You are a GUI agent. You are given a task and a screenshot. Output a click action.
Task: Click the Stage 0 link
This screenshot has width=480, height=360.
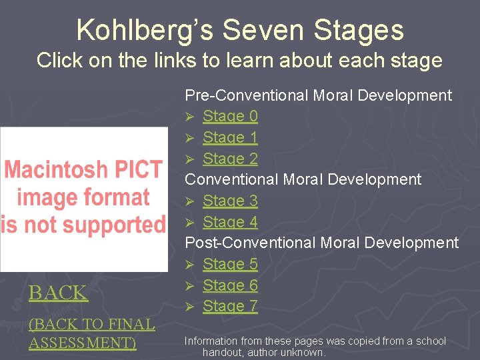(230, 116)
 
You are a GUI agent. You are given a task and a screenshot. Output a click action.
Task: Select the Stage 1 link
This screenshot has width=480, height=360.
(230, 137)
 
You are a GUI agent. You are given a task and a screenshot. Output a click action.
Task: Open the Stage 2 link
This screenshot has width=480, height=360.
(230, 159)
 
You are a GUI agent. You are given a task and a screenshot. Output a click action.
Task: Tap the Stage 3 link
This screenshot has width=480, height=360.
(230, 201)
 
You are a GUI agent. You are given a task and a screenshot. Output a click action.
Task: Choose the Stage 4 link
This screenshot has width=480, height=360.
(230, 222)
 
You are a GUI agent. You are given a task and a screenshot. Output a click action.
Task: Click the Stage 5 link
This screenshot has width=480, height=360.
(230, 264)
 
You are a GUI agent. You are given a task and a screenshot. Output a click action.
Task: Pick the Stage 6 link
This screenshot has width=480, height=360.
(230, 285)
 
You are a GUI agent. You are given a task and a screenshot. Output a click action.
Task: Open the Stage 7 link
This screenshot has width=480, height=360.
(230, 307)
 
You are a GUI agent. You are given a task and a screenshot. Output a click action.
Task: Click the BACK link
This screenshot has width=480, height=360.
(58, 293)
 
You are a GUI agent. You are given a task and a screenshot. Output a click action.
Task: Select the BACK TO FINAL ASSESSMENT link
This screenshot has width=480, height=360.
(91, 333)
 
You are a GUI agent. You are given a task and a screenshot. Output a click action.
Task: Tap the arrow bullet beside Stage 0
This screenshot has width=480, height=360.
(189, 117)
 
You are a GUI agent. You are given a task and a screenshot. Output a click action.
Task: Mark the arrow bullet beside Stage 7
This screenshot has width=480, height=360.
(189, 307)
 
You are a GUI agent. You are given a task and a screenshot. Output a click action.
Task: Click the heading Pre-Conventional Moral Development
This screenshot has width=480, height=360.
(318, 95)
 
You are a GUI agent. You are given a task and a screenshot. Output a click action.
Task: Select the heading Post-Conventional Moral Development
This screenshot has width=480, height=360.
(321, 243)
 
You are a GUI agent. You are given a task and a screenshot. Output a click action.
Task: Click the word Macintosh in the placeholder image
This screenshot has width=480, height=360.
(54, 169)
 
